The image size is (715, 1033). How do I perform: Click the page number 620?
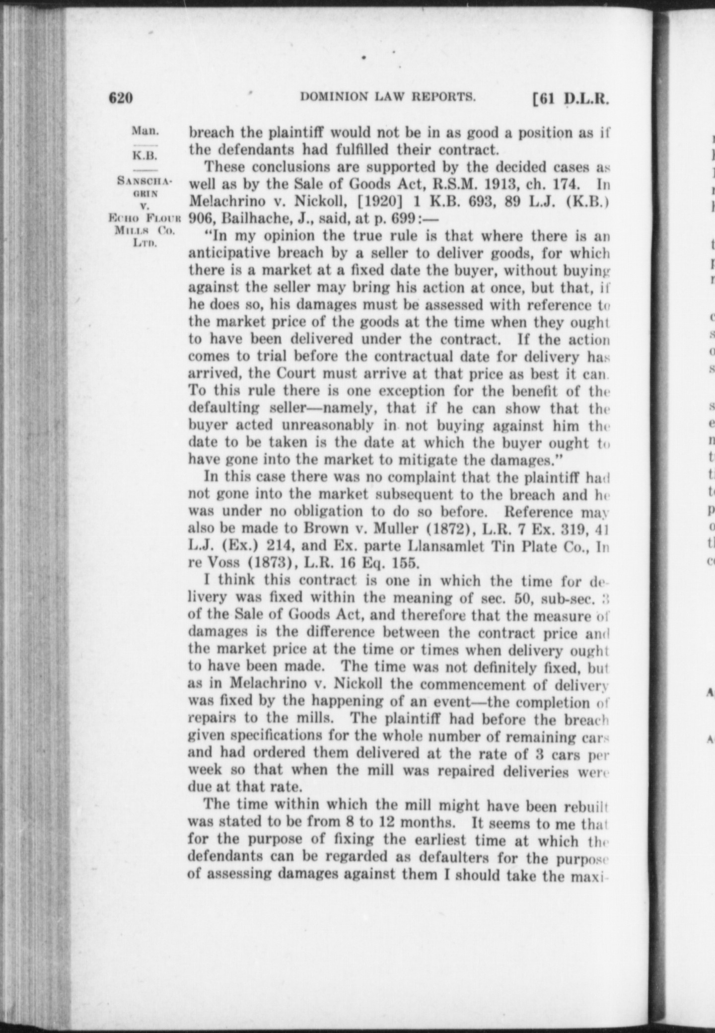click(121, 98)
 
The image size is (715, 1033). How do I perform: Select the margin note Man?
click(145, 131)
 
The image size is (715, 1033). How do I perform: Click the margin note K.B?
click(144, 155)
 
